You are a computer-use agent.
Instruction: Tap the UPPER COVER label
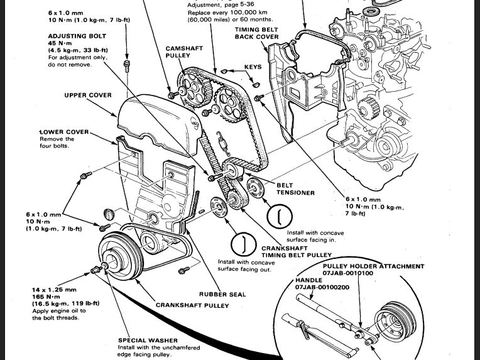coord(88,95)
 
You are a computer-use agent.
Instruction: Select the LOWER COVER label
coord(64,132)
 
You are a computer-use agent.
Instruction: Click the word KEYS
coord(253,66)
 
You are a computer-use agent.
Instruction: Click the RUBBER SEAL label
coord(222,293)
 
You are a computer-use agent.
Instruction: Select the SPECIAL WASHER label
coord(148,341)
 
